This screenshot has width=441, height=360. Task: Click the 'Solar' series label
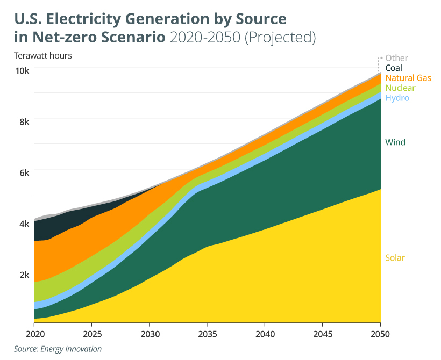(395, 258)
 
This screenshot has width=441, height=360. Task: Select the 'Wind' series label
(395, 142)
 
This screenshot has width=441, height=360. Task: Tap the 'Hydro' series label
(397, 98)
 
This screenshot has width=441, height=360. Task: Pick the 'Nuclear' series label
(400, 88)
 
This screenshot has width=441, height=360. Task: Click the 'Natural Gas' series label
(408, 78)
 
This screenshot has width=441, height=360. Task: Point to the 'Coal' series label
(393, 68)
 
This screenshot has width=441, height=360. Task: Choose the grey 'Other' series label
(396, 58)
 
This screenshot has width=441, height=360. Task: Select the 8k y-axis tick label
(24, 121)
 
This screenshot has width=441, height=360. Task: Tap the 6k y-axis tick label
(24, 172)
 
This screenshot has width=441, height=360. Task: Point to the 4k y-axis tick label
(24, 224)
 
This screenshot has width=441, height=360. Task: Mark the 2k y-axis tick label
(24, 275)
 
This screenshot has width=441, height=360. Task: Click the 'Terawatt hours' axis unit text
(43, 55)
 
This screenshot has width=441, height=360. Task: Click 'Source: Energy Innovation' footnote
(58, 349)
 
